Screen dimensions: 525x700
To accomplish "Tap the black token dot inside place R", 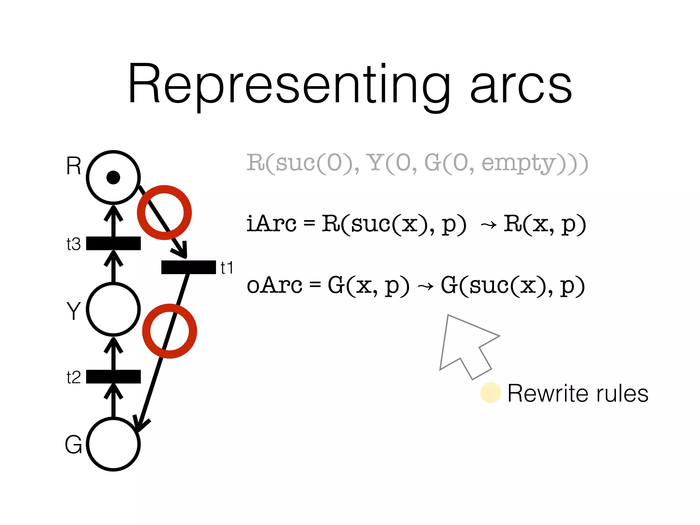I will tap(113, 177).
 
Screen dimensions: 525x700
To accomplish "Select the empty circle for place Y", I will tap(113, 309).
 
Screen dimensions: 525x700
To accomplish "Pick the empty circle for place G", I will tap(113, 444).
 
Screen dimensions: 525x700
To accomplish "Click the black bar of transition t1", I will tap(188, 267).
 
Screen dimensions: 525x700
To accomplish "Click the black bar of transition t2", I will tap(113, 376).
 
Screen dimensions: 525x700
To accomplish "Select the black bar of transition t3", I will tap(113, 243).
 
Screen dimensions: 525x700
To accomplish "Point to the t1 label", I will tap(227, 268).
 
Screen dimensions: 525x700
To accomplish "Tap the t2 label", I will tap(73, 377).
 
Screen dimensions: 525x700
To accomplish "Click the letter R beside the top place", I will tap(73, 166).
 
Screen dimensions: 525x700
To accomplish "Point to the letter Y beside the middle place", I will tap(73, 311).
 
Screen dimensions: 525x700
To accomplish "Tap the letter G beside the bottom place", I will tap(73, 444).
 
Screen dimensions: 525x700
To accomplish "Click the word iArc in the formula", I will tap(271, 224).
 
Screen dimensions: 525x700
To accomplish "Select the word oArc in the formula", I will tap(274, 285).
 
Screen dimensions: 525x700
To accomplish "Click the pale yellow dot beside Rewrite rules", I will tap(490, 392).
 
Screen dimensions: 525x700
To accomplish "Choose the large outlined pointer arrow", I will tap(465, 345).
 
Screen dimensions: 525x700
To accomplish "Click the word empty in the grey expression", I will tap(518, 163).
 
